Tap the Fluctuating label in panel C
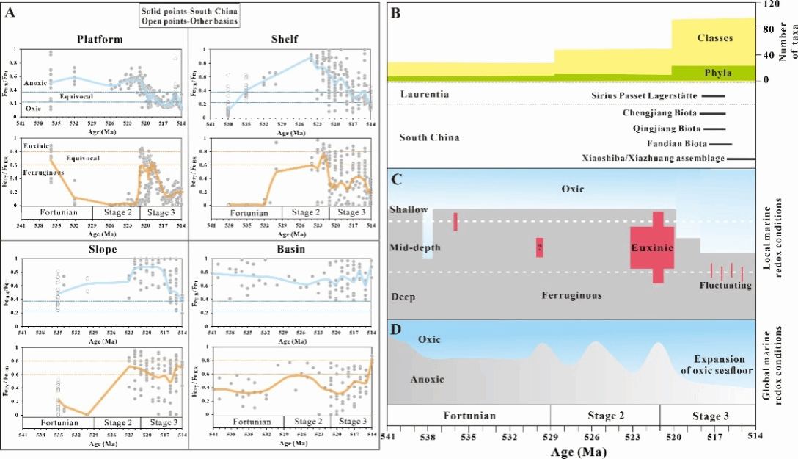(x=725, y=285)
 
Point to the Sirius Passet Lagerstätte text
(x=643, y=95)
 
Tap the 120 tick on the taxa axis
(x=770, y=4)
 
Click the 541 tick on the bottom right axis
(x=387, y=435)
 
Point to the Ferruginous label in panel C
(x=572, y=295)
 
